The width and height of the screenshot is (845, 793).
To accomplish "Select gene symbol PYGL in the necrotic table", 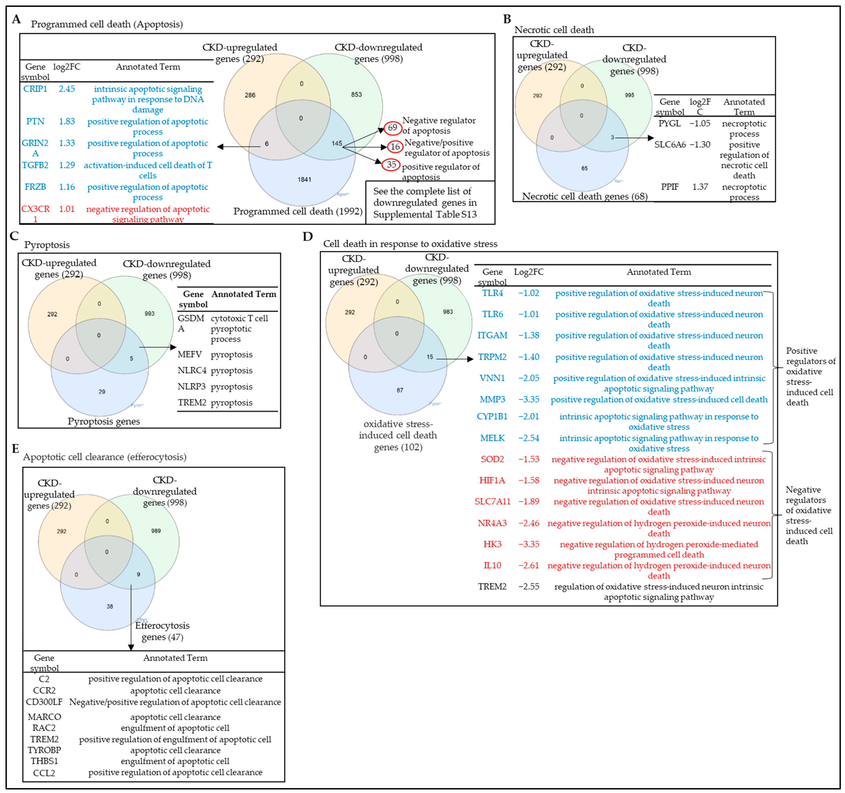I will click(x=669, y=124).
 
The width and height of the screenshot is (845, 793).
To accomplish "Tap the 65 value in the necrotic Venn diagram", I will click(x=584, y=168).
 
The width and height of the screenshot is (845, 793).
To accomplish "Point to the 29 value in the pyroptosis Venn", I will click(x=102, y=392).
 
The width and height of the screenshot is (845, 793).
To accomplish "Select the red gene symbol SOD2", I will click(x=492, y=459).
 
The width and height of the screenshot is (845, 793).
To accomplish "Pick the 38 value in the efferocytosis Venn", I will click(x=110, y=607).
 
